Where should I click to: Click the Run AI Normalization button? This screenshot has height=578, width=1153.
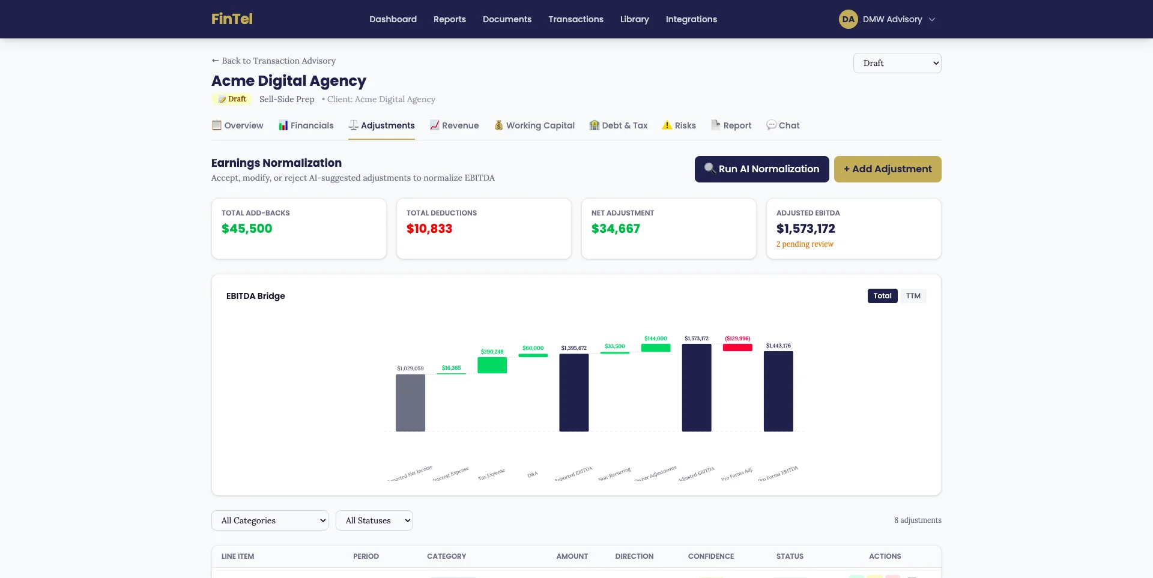[761, 169]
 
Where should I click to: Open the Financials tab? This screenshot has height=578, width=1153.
[306, 125]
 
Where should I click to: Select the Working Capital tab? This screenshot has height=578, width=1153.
[534, 125]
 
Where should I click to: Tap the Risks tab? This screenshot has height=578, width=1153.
[679, 125]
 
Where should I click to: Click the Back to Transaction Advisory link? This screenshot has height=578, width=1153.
[273, 61]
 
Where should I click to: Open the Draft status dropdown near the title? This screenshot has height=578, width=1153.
[897, 63]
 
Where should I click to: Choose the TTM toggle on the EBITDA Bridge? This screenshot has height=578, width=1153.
[913, 296]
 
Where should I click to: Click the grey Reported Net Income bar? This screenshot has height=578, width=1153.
[410, 403]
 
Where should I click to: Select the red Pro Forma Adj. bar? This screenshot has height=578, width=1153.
[737, 348]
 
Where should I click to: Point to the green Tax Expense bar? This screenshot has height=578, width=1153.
[492, 365]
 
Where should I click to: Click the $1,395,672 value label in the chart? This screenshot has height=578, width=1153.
[573, 348]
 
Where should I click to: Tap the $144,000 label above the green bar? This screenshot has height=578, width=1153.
[655, 339]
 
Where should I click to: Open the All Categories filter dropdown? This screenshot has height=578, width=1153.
[270, 520]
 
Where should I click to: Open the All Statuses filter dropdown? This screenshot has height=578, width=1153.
[374, 520]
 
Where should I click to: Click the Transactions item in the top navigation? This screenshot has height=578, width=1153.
[575, 19]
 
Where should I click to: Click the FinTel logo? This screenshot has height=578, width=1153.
[232, 19]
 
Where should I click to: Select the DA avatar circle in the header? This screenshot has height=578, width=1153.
[848, 19]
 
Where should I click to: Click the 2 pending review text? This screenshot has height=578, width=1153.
[805, 244]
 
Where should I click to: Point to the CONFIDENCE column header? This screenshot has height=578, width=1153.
[710, 556]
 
